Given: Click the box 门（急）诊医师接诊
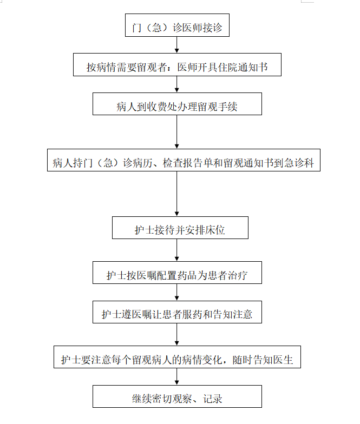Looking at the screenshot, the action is tap(177, 25).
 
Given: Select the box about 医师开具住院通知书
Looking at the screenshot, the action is tap(177, 65).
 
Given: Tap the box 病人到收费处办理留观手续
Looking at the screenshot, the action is tap(177, 104).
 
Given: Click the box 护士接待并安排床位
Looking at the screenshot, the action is tap(180, 228).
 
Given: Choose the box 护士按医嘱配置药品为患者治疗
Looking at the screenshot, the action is tap(177, 273).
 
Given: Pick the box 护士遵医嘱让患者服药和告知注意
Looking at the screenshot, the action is tap(177, 312).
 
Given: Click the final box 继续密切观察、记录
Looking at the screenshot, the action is tap(177, 396).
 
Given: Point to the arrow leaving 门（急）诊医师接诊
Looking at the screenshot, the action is tap(176, 45).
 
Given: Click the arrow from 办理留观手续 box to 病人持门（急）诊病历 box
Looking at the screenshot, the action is tap(176, 132).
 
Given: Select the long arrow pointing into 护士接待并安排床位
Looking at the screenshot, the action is tap(176, 194).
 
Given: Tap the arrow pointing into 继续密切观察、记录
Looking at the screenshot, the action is tap(176, 376).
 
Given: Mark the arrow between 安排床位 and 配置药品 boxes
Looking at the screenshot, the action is tap(176, 250).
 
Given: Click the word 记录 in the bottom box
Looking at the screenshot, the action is tap(213, 399).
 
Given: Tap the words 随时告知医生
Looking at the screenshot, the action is tap(263, 360).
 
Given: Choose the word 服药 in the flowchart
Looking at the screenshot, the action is tap(192, 315).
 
